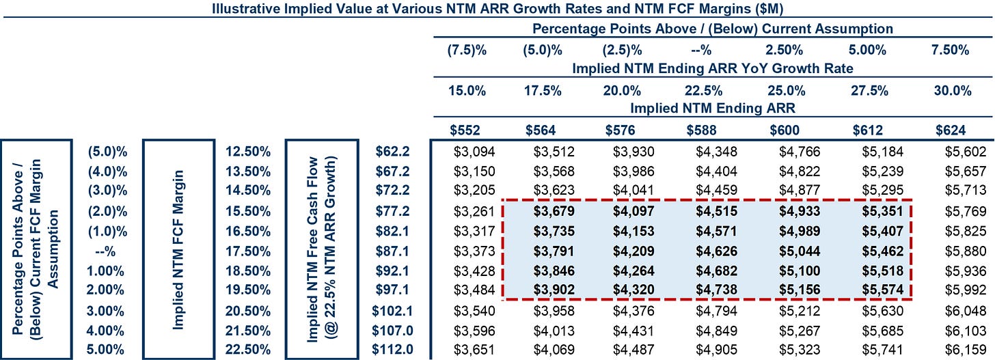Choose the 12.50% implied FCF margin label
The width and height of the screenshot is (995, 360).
click(247, 151)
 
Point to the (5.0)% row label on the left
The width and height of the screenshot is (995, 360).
click(107, 151)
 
